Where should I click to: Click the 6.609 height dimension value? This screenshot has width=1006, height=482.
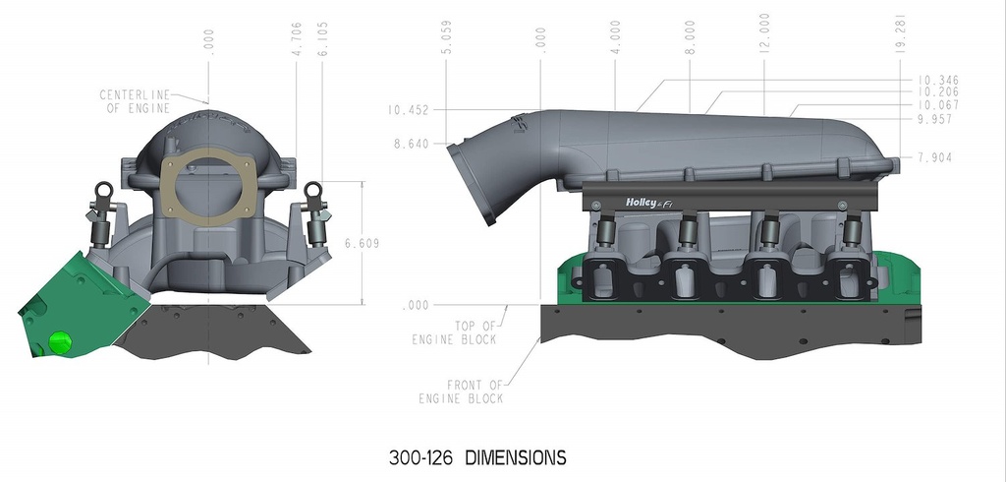(x=363, y=243)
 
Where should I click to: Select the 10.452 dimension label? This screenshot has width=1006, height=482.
(x=408, y=110)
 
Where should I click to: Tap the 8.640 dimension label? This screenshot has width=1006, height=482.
(x=408, y=144)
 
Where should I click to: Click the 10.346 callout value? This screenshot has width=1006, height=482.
(x=937, y=80)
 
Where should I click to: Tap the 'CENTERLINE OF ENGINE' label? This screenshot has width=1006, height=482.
(x=136, y=101)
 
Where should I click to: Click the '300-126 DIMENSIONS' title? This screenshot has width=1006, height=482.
(x=477, y=457)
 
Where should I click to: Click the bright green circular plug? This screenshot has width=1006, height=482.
(x=59, y=342)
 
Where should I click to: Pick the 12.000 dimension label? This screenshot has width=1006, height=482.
(x=764, y=33)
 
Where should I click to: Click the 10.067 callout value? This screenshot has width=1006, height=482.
(x=937, y=105)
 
